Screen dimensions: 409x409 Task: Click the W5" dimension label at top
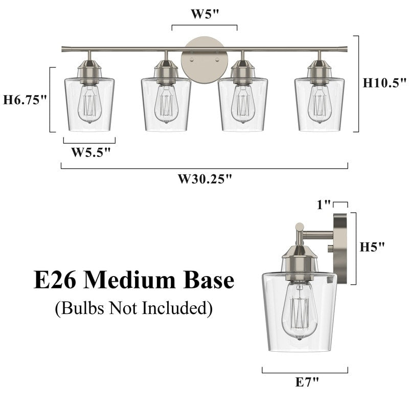pyautogui.click(x=204, y=14)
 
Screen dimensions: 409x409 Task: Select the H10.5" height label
pyautogui.click(x=384, y=83)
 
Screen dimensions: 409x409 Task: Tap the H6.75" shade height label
pyautogui.click(x=25, y=99)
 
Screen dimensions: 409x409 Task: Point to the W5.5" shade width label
pyautogui.click(x=90, y=152)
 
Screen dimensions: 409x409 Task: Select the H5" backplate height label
pyautogui.click(x=372, y=247)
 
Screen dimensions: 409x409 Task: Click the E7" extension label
pyautogui.click(x=306, y=381)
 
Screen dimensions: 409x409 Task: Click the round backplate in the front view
pyautogui.click(x=204, y=58)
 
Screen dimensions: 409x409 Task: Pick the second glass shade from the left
pyautogui.click(x=166, y=105)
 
